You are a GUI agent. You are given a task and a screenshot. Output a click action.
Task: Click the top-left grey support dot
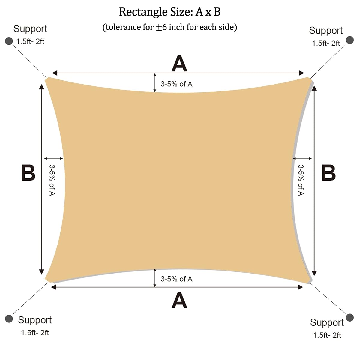[x=9, y=41]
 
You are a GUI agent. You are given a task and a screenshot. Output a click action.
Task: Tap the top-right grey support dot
[x=350, y=40]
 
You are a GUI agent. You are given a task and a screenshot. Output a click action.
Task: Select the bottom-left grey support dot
[x=9, y=319]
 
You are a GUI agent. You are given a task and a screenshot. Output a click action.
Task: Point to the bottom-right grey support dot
[x=350, y=318]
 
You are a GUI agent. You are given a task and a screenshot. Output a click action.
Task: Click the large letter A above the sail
[x=179, y=64]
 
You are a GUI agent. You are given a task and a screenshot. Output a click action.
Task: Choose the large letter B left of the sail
[x=28, y=173]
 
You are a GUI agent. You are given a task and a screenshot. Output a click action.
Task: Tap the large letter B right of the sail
[x=328, y=173]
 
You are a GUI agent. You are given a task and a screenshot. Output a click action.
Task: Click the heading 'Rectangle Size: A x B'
[x=170, y=12]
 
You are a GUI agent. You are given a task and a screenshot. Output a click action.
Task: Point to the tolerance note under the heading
[x=170, y=27]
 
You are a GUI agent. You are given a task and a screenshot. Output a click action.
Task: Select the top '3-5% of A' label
[x=176, y=84]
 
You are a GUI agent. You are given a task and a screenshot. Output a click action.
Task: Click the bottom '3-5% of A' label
[x=176, y=279]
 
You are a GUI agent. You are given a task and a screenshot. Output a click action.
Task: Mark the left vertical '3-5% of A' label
[x=52, y=180]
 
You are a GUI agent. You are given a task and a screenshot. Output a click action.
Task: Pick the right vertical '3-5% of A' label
[x=301, y=180]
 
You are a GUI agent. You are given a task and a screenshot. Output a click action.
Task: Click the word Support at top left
[x=30, y=29]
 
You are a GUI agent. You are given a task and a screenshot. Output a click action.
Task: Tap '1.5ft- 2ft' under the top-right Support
[x=326, y=43]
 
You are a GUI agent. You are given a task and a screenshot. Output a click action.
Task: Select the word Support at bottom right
[x=327, y=322]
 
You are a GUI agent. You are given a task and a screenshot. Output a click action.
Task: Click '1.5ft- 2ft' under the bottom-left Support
[x=35, y=333]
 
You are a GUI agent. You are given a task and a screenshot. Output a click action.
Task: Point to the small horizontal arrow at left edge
[x=54, y=158]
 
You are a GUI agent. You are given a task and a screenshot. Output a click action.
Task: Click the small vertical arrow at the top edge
[x=155, y=83]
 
